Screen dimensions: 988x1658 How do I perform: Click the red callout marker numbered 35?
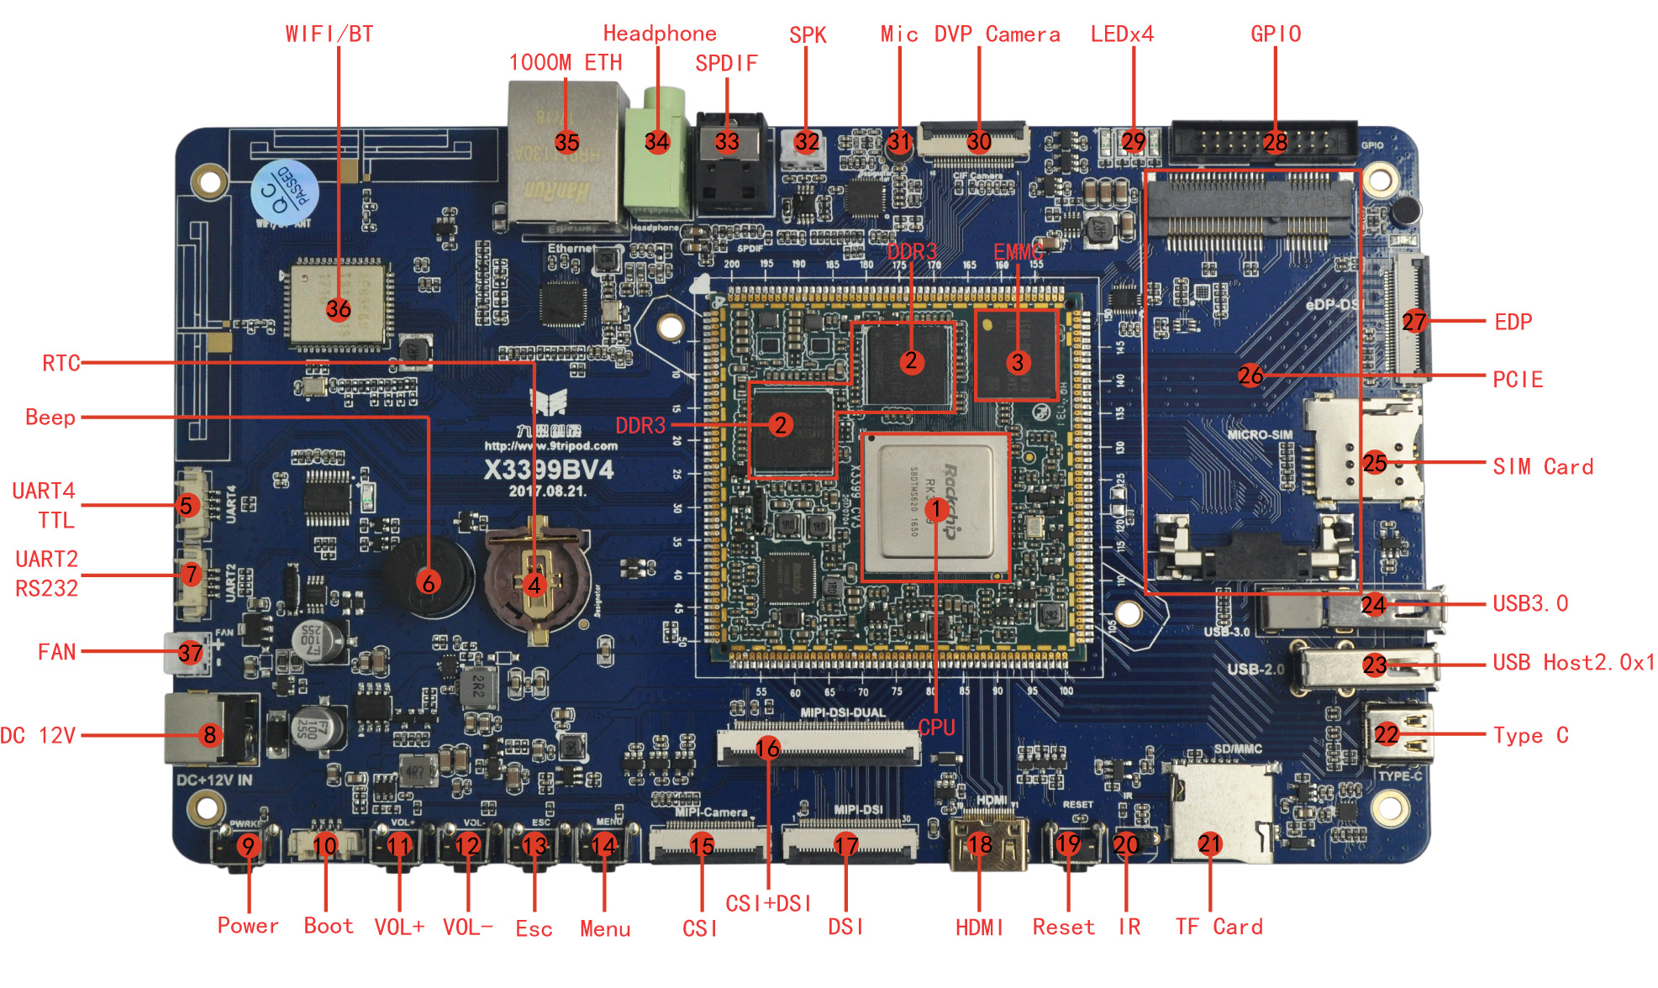click(566, 142)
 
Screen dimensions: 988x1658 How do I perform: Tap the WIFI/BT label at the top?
click(329, 34)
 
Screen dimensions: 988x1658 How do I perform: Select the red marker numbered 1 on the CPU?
click(935, 508)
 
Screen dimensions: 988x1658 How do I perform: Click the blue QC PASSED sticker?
click(284, 191)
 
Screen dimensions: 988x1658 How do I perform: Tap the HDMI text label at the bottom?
click(979, 928)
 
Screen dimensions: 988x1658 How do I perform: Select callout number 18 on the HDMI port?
click(980, 843)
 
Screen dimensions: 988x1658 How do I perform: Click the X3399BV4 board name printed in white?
click(548, 469)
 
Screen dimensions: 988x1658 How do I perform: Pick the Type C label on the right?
click(1530, 736)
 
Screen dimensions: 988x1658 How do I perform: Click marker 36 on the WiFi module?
click(339, 309)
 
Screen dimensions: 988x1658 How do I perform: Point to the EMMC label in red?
click(1018, 252)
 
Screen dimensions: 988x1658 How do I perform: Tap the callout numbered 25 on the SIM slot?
click(1375, 462)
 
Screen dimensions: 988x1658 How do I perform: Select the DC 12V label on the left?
click(38, 736)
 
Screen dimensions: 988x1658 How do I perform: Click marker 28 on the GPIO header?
click(1275, 142)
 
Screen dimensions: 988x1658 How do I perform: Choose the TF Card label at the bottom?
click(1218, 927)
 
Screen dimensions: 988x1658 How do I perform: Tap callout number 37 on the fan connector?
click(191, 653)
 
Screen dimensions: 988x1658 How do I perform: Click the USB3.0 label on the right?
click(1530, 603)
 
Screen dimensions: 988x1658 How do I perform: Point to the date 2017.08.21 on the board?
click(548, 491)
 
